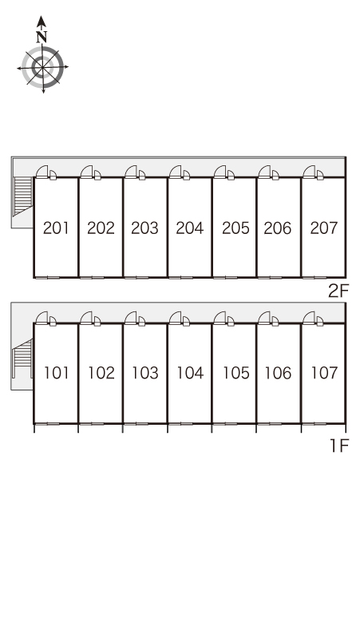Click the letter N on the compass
pos(42,37)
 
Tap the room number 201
pos(56,228)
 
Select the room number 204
pos(190,228)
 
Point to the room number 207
pos(324,228)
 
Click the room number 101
pos(56,373)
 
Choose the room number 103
pos(145,373)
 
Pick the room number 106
pos(278,373)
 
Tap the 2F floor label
pos(338,291)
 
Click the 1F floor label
pos(339,446)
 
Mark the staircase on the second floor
pos(23,196)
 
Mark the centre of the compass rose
pos(42,67)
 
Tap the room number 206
pos(278,228)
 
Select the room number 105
pos(236,373)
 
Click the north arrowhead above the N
pos(42,22)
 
